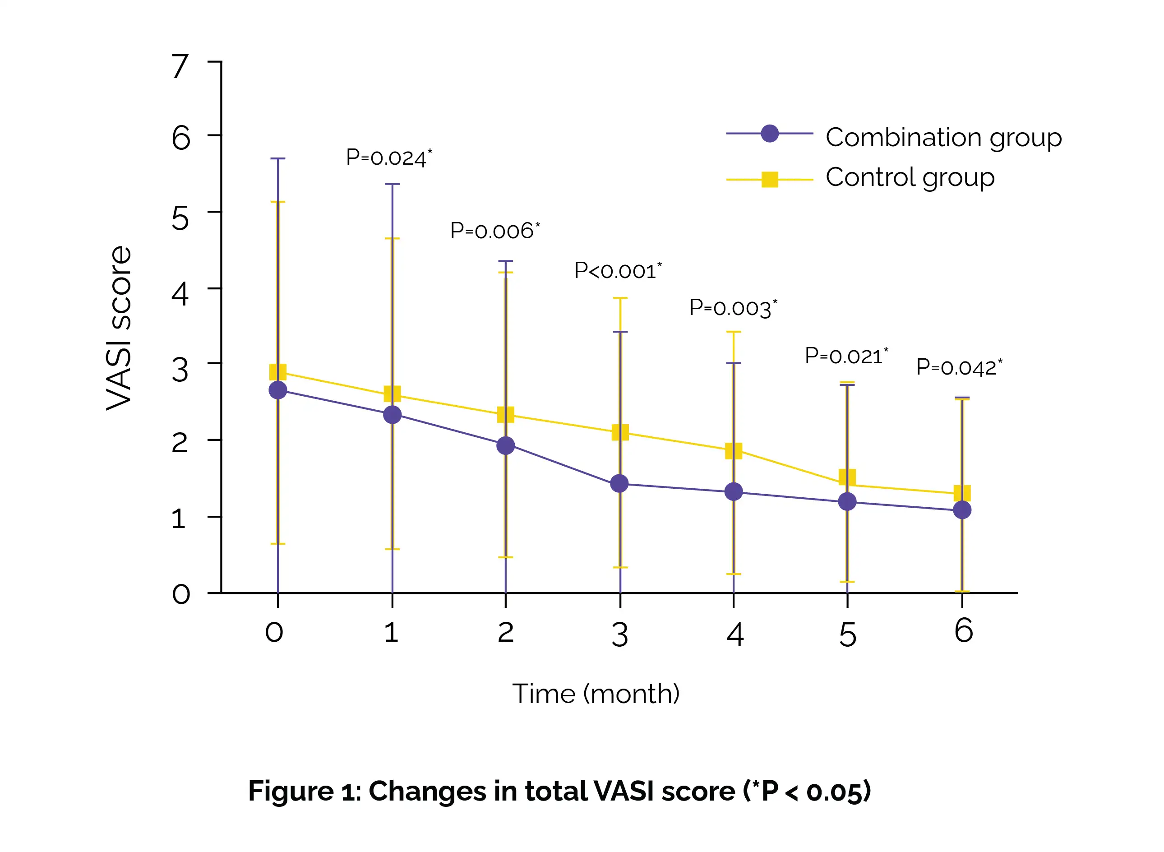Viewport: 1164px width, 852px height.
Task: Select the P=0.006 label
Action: (x=494, y=231)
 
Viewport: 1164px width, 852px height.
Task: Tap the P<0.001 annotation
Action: (x=617, y=271)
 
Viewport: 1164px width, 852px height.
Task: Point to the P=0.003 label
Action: (x=733, y=308)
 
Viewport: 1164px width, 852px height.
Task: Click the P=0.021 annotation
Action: (x=846, y=356)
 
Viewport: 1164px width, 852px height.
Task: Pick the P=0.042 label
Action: (x=958, y=367)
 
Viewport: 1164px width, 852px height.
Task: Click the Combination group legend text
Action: (x=943, y=138)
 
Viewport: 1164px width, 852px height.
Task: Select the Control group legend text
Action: (x=910, y=177)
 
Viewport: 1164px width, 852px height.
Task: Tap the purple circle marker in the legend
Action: (x=770, y=134)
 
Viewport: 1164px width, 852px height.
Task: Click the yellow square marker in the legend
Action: (x=770, y=180)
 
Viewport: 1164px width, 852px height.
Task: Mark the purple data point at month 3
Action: (x=619, y=483)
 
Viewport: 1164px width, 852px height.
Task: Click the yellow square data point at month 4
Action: (x=734, y=451)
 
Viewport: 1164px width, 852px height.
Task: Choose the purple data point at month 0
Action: (x=278, y=390)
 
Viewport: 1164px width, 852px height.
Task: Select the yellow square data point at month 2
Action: (x=506, y=414)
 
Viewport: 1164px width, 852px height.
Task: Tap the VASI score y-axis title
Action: (x=119, y=328)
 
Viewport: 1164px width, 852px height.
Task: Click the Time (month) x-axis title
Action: (x=596, y=694)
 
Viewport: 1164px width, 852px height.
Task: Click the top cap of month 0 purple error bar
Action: (x=278, y=159)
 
